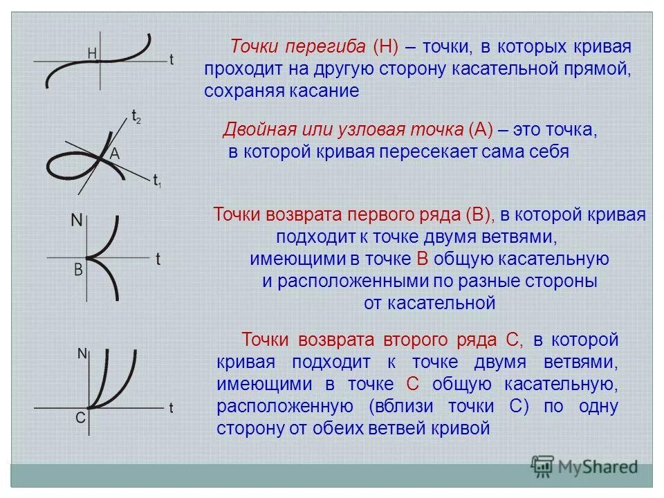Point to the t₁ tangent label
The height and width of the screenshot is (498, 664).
click(x=157, y=181)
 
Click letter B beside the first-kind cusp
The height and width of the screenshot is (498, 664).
click(x=78, y=270)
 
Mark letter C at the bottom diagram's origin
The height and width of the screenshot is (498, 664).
click(x=80, y=417)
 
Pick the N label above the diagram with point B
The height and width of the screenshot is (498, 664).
click(x=77, y=221)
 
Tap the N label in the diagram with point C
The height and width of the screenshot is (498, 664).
click(x=82, y=353)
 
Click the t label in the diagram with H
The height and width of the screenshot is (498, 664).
click(x=171, y=60)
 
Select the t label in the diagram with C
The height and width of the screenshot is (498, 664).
click(x=171, y=407)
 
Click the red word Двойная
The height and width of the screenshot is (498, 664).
click(x=253, y=130)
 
